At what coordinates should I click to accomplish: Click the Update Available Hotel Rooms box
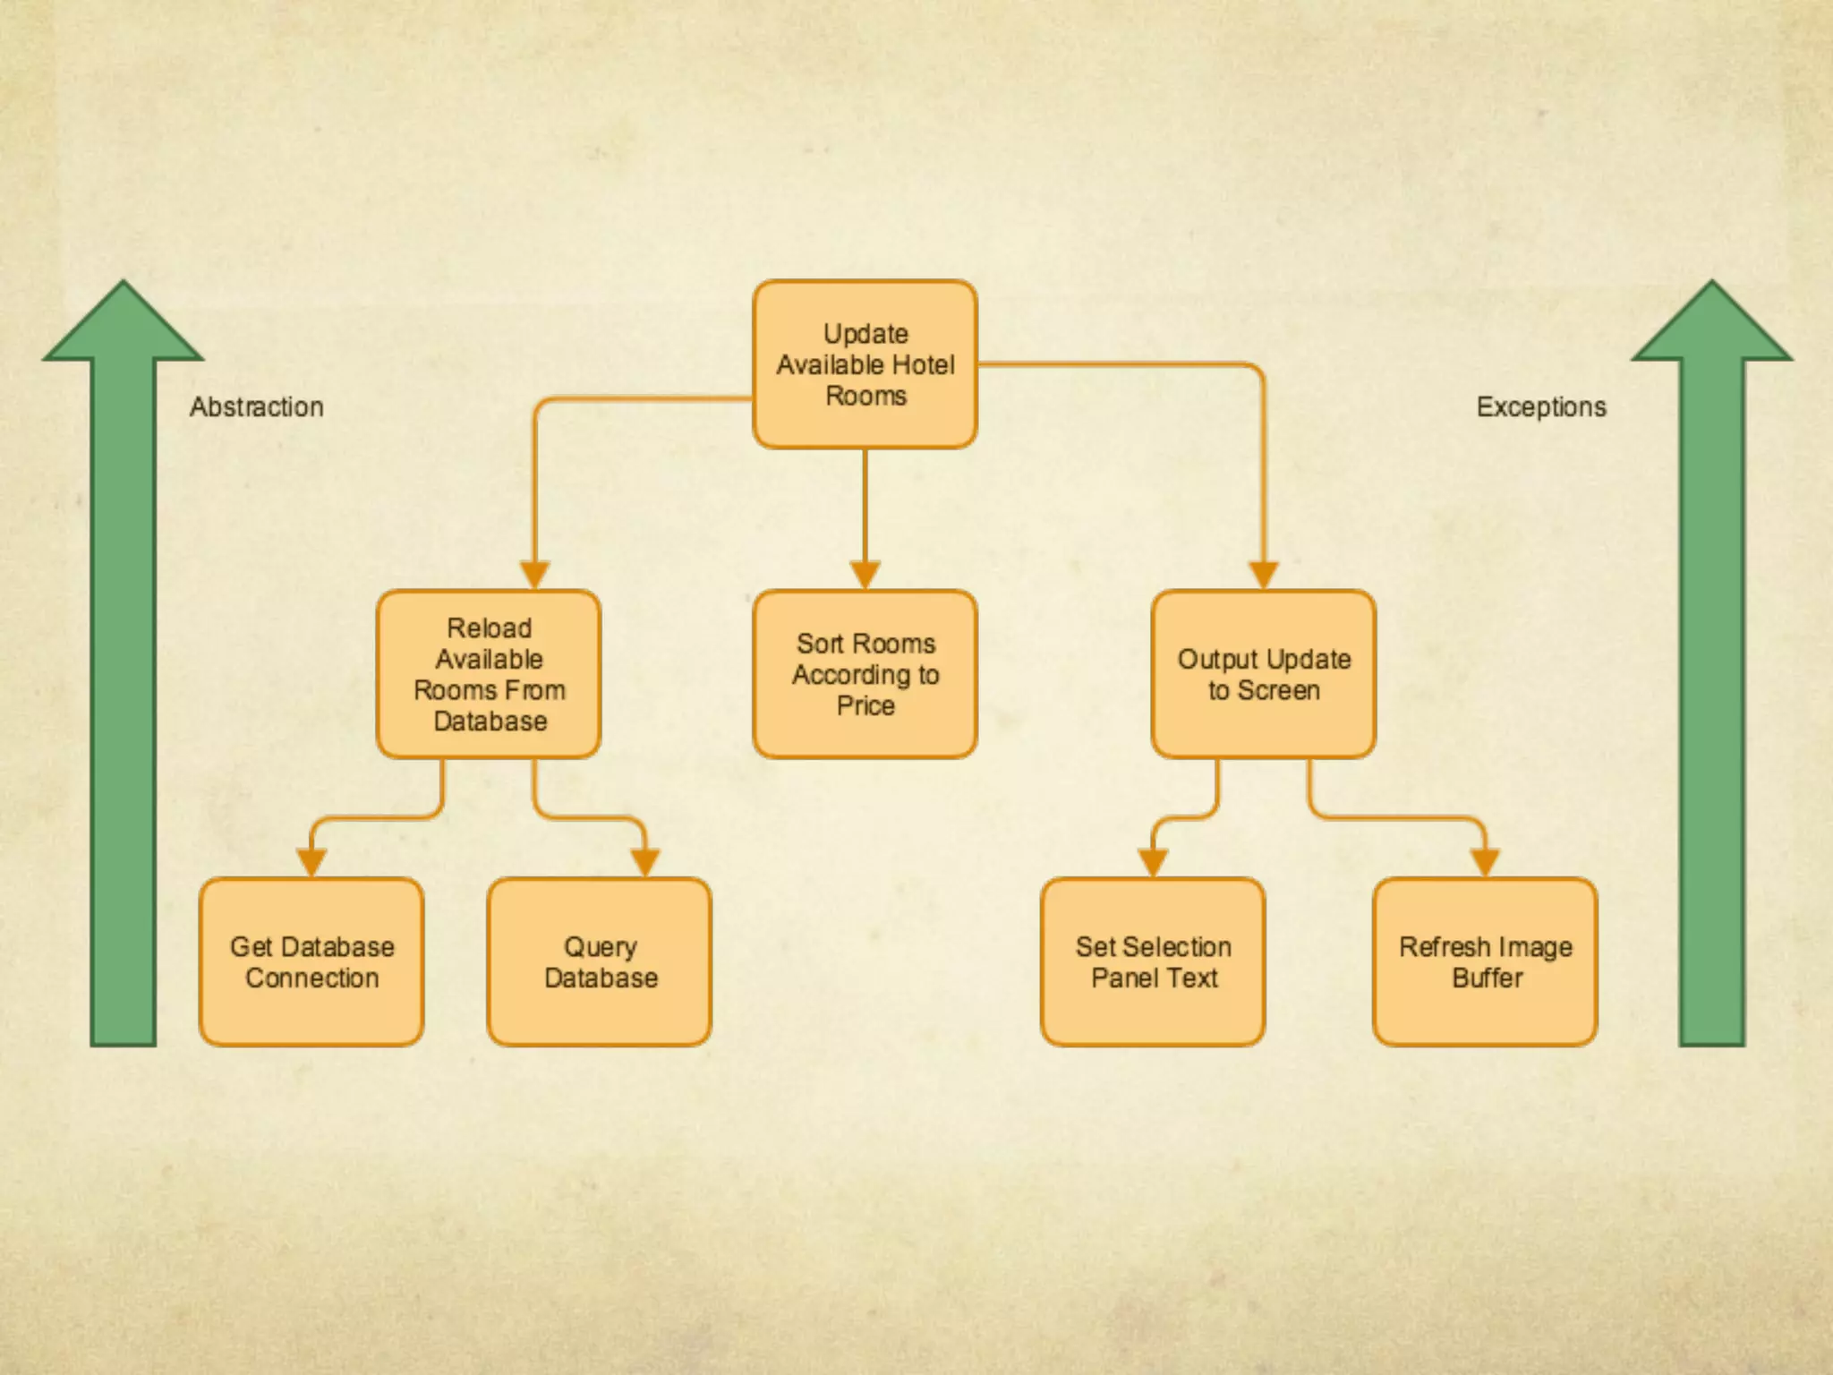pyautogui.click(x=865, y=364)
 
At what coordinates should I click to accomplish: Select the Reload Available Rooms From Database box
pyautogui.click(x=489, y=674)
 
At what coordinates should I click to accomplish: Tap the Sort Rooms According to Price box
pyautogui.click(x=865, y=674)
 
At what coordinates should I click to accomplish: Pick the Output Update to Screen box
pyautogui.click(x=1263, y=674)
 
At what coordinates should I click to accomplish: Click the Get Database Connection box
pyautogui.click(x=311, y=961)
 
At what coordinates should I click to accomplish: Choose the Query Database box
pyautogui.click(x=600, y=961)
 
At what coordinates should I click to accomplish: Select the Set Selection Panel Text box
pyautogui.click(x=1153, y=961)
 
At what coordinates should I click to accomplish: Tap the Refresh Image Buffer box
pyautogui.click(x=1485, y=961)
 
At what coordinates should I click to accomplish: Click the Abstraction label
pyautogui.click(x=257, y=407)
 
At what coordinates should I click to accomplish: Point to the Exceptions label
pyautogui.click(x=1540, y=407)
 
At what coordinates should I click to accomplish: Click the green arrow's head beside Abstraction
pyautogui.click(x=124, y=324)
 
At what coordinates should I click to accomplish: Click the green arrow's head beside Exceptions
pyautogui.click(x=1712, y=324)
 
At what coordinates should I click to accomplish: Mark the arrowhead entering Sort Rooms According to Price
pyautogui.click(x=865, y=574)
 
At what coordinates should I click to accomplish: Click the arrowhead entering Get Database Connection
pyautogui.click(x=311, y=861)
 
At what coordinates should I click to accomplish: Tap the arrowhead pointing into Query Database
pyautogui.click(x=644, y=861)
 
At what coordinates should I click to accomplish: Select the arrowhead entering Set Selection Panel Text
pyautogui.click(x=1153, y=861)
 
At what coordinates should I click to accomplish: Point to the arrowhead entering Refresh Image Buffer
pyautogui.click(x=1485, y=861)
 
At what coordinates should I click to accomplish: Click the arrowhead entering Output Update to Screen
pyautogui.click(x=1263, y=574)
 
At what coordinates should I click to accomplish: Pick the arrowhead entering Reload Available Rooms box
pyautogui.click(x=534, y=574)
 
